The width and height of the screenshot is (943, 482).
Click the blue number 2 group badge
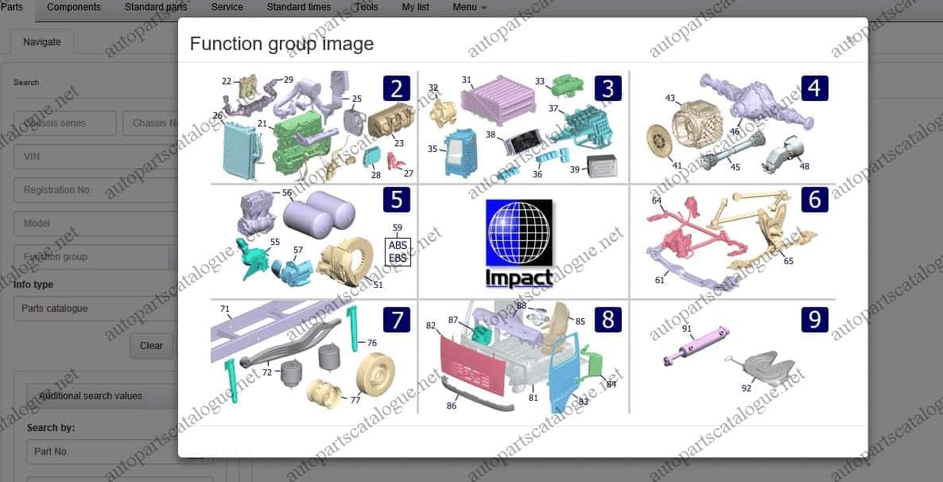(x=397, y=87)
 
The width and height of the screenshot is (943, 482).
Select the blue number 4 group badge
(x=814, y=87)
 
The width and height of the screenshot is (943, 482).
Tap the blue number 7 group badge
(x=397, y=320)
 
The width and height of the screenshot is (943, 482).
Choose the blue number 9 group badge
(x=814, y=320)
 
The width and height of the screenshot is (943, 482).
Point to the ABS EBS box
(x=398, y=251)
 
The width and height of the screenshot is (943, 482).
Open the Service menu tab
(x=227, y=7)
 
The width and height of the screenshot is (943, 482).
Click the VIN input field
(x=95, y=157)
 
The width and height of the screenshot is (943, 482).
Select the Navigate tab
(x=41, y=42)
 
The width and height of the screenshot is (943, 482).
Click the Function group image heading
(x=281, y=43)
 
